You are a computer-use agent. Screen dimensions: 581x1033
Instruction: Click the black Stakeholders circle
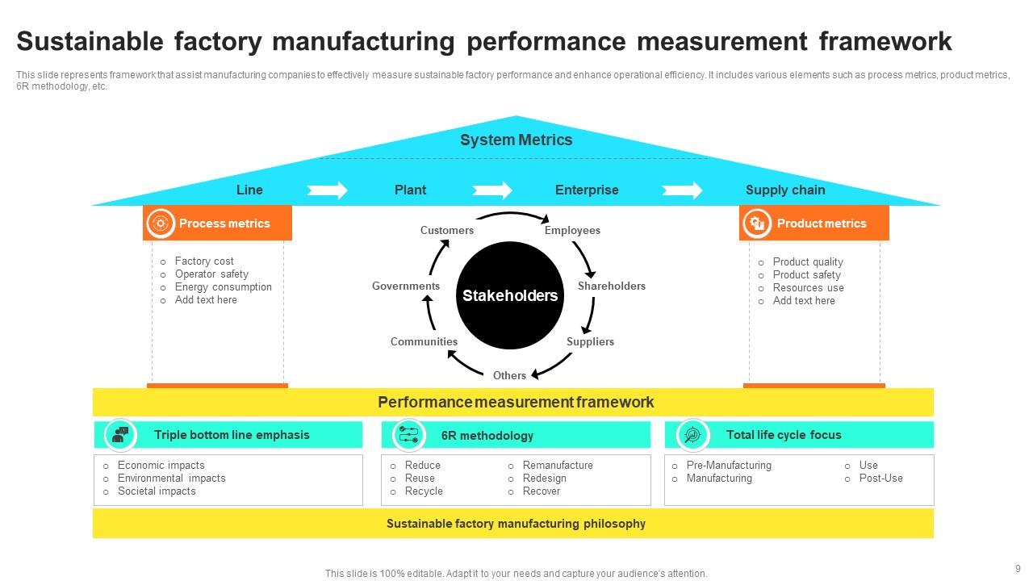(509, 295)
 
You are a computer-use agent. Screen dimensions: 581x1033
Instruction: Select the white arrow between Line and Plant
(327, 190)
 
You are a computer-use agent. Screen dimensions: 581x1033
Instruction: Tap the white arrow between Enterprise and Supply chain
(682, 190)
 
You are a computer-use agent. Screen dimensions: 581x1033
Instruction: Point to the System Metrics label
(516, 140)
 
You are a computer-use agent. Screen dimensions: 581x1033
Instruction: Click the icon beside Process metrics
(161, 224)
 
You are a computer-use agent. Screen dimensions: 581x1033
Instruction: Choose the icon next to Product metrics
(757, 224)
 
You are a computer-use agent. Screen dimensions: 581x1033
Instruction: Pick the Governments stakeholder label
(406, 286)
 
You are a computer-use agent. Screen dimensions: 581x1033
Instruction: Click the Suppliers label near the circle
(590, 341)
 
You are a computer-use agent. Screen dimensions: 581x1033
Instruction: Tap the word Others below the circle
(509, 375)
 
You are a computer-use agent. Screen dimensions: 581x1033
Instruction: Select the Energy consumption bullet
(223, 286)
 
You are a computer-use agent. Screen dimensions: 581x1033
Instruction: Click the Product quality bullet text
(807, 261)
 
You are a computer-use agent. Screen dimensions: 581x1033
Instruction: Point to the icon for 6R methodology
(408, 435)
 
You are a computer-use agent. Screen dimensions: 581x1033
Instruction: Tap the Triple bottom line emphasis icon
(121, 435)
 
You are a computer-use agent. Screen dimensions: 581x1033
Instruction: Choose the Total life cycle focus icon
(692, 435)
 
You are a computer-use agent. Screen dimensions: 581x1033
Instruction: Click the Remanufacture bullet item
(557, 465)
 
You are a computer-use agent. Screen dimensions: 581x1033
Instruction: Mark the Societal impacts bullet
(157, 491)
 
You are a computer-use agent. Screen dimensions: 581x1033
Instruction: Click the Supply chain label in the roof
(784, 190)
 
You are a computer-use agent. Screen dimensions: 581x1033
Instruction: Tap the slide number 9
(1018, 568)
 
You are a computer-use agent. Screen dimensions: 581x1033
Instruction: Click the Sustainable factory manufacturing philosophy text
(516, 524)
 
